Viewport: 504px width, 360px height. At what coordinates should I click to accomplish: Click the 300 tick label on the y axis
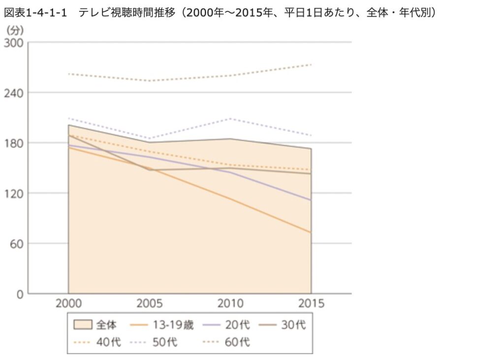pos(13,43)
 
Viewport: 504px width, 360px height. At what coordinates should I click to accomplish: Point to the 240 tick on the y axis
pos(13,93)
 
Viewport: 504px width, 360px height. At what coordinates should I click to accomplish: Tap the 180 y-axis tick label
pos(13,143)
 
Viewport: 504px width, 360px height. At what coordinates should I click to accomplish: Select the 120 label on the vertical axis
pos(13,193)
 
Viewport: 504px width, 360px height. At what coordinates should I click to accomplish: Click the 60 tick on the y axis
pos(16,243)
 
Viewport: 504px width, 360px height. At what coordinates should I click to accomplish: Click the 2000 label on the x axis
pos(68,303)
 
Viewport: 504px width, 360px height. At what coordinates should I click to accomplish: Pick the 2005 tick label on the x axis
pos(149,303)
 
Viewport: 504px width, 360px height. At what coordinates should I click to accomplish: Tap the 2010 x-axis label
pos(230,303)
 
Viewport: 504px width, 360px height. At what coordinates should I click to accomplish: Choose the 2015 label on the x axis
pos(311,303)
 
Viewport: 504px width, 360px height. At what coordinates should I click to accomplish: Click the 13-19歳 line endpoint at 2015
pos(311,232)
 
